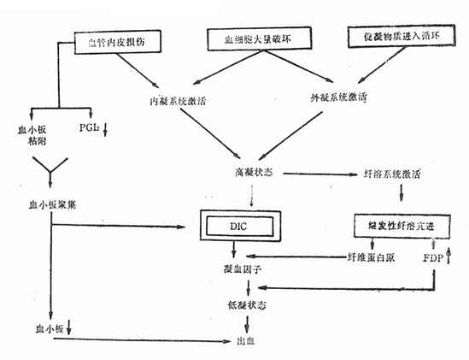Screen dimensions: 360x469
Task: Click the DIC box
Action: [237, 227]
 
